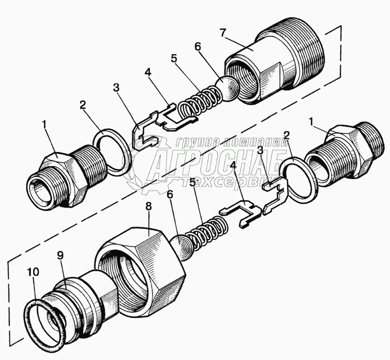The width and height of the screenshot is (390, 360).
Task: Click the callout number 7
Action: pos(223,33)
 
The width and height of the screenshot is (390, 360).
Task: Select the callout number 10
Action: pos(34,272)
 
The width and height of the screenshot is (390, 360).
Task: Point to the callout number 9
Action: pos(60,256)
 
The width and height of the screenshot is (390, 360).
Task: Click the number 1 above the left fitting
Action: pos(45,125)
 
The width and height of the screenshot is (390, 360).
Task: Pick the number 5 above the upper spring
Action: pos(174,59)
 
